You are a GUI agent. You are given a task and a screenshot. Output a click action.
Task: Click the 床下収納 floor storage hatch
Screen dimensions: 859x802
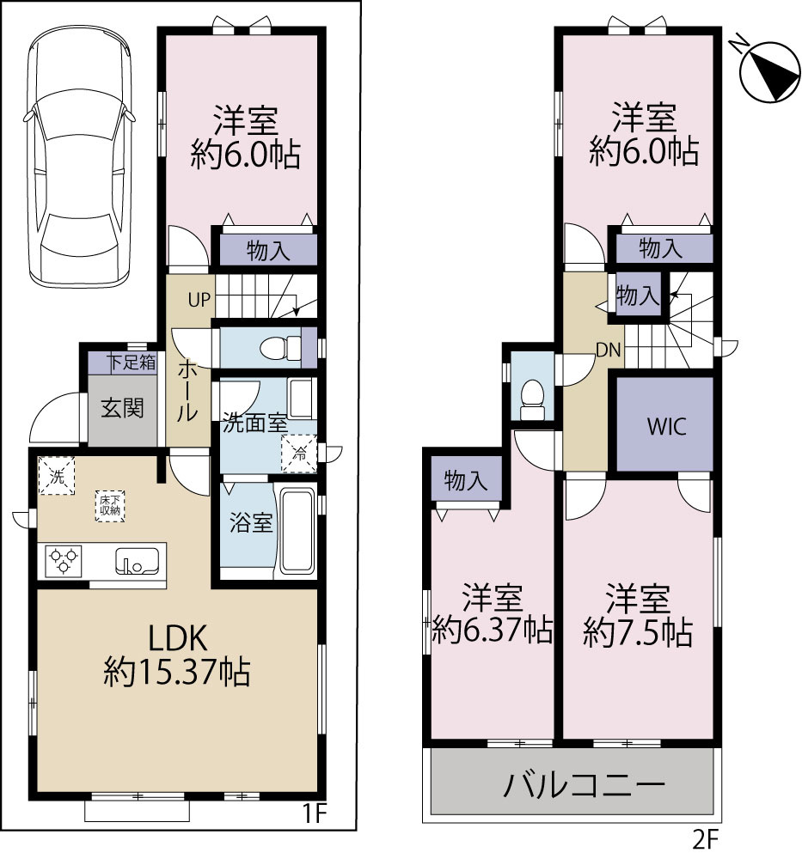109,505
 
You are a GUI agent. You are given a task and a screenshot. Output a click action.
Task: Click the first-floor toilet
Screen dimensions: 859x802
279,348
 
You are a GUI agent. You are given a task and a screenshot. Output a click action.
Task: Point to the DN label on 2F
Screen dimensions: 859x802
610,349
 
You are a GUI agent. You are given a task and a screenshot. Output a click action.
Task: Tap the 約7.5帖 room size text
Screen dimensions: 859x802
637,635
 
